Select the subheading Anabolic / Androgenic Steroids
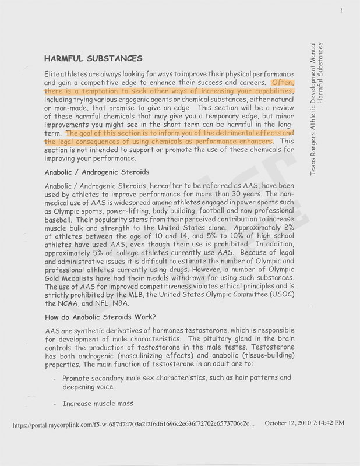coord(97,172)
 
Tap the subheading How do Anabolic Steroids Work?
coord(100,317)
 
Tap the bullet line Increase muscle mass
coord(98,403)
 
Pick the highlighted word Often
coord(283,83)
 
